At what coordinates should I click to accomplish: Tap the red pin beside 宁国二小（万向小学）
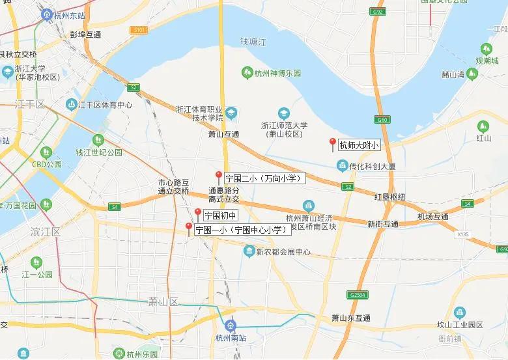click(219, 175)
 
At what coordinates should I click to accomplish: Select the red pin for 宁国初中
click(198, 213)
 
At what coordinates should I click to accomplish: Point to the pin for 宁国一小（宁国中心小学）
click(189, 228)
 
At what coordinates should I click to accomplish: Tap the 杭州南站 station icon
click(229, 325)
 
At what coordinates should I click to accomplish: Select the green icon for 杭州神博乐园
click(246, 73)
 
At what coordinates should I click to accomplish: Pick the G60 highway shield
click(381, 120)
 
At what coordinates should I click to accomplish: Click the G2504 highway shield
click(358, 294)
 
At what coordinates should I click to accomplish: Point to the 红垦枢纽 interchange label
click(389, 197)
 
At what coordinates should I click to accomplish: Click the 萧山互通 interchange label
click(224, 133)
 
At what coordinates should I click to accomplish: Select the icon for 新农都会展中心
click(249, 251)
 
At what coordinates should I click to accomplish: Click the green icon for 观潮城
click(486, 49)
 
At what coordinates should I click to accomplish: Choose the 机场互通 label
click(433, 216)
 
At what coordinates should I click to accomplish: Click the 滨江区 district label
click(45, 231)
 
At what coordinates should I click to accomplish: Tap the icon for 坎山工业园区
click(459, 313)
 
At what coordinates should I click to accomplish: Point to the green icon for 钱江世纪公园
click(98, 140)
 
